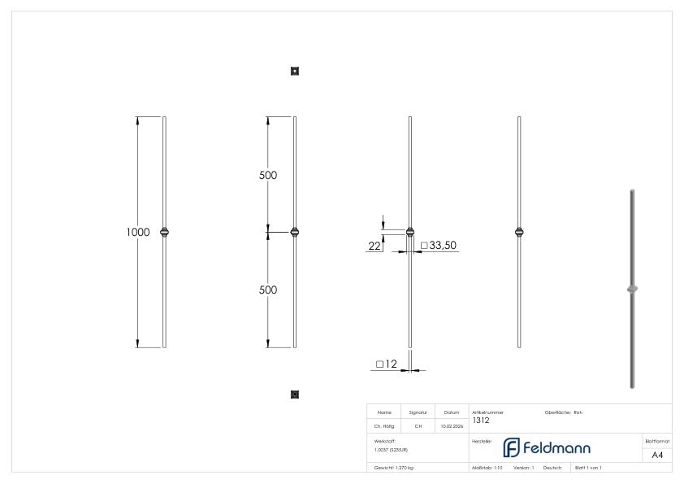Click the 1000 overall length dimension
[137, 233]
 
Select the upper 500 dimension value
[268, 176]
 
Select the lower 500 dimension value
[268, 290]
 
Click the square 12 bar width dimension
[386, 364]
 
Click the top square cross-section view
[295, 72]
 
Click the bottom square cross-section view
[295, 395]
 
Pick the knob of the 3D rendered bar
[632, 289]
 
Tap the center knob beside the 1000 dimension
[165, 232]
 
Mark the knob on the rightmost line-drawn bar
[519, 232]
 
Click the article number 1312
[480, 421]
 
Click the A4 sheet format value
[657, 455]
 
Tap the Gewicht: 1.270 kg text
[393, 468]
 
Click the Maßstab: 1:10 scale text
[487, 468]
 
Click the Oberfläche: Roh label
[564, 412]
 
